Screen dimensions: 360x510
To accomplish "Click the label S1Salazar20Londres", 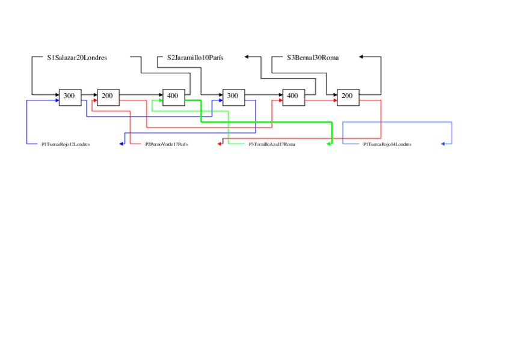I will pos(77,58).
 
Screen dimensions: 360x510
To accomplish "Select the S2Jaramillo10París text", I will pos(195,58).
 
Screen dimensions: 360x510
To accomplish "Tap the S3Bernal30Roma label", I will pos(313,58).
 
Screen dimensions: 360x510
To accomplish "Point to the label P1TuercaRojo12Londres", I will pos(66,144).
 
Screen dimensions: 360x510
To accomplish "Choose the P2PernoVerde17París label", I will pos(166,144).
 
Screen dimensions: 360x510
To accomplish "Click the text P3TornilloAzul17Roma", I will pos(272,144).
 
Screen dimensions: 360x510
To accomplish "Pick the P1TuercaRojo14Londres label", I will pos(387,144).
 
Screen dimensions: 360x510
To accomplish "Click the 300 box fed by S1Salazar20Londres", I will pos(70,96).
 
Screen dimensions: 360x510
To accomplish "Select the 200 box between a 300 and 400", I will pos(108,96).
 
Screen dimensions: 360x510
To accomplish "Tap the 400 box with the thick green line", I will pos(173,96).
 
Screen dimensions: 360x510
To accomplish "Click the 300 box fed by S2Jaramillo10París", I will pos(233,96).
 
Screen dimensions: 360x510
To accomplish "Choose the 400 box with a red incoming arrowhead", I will pos(292,96).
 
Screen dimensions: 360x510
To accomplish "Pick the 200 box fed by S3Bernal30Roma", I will pos(347,96).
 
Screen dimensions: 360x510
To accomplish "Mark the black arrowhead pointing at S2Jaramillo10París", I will pos(247,57).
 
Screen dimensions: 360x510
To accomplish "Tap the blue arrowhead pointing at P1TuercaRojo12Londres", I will pos(121,144).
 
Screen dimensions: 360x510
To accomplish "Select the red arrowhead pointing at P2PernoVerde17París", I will pos(220,144).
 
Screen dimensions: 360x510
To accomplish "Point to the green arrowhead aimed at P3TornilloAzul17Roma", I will pos(330,144).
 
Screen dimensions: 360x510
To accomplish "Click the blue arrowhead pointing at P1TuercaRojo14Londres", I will pos(443,144).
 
